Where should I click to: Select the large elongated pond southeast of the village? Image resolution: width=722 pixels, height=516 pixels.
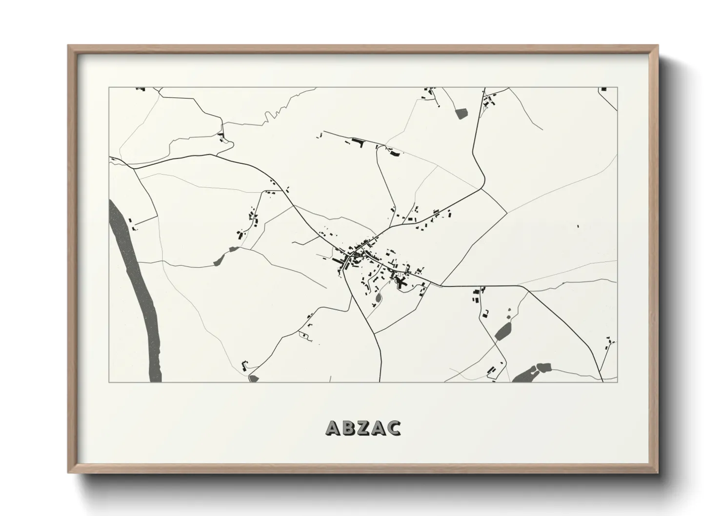pos(502,332)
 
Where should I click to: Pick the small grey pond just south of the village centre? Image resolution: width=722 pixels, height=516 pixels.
pos(378,297)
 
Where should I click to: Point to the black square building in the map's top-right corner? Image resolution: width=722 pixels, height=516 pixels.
pos(604,89)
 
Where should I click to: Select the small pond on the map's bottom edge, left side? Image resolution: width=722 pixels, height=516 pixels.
pos(253,378)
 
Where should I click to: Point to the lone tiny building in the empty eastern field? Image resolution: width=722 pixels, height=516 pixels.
pos(578,226)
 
